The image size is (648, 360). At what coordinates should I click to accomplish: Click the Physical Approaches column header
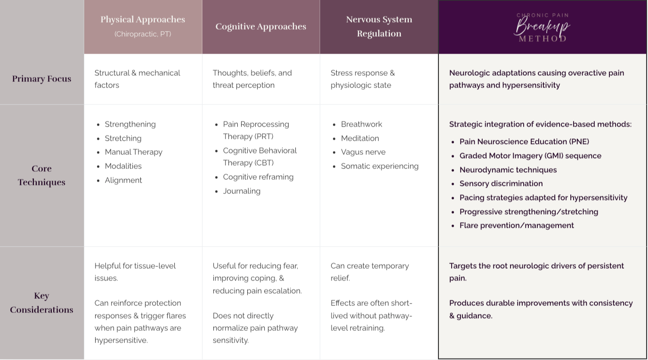(x=143, y=20)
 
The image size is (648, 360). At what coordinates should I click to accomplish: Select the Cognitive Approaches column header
(x=261, y=27)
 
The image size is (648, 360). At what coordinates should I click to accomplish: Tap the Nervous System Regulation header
(x=379, y=26)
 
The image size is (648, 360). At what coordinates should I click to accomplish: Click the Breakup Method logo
(x=542, y=27)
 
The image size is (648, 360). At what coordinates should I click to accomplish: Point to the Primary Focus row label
(x=41, y=79)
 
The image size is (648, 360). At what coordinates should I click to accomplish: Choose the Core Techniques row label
(x=41, y=176)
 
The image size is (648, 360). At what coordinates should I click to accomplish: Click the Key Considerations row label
(x=41, y=303)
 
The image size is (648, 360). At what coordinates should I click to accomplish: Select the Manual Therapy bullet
(x=133, y=152)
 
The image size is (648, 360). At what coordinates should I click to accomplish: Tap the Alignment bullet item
(x=123, y=180)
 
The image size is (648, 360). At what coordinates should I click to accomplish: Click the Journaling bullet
(x=242, y=191)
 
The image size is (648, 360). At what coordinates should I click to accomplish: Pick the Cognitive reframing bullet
(x=258, y=177)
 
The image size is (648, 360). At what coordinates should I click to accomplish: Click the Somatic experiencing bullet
(x=380, y=166)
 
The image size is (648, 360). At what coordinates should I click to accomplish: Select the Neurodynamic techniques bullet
(x=508, y=170)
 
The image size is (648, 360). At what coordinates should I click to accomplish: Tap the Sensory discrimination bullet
(x=501, y=184)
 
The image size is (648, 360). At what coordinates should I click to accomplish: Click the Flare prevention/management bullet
(x=516, y=225)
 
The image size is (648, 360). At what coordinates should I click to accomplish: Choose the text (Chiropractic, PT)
(x=143, y=34)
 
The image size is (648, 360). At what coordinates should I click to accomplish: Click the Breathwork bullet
(x=361, y=124)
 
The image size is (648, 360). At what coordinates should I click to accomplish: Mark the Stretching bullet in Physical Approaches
(x=123, y=138)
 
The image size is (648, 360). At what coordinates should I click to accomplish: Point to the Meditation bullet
(x=360, y=138)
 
